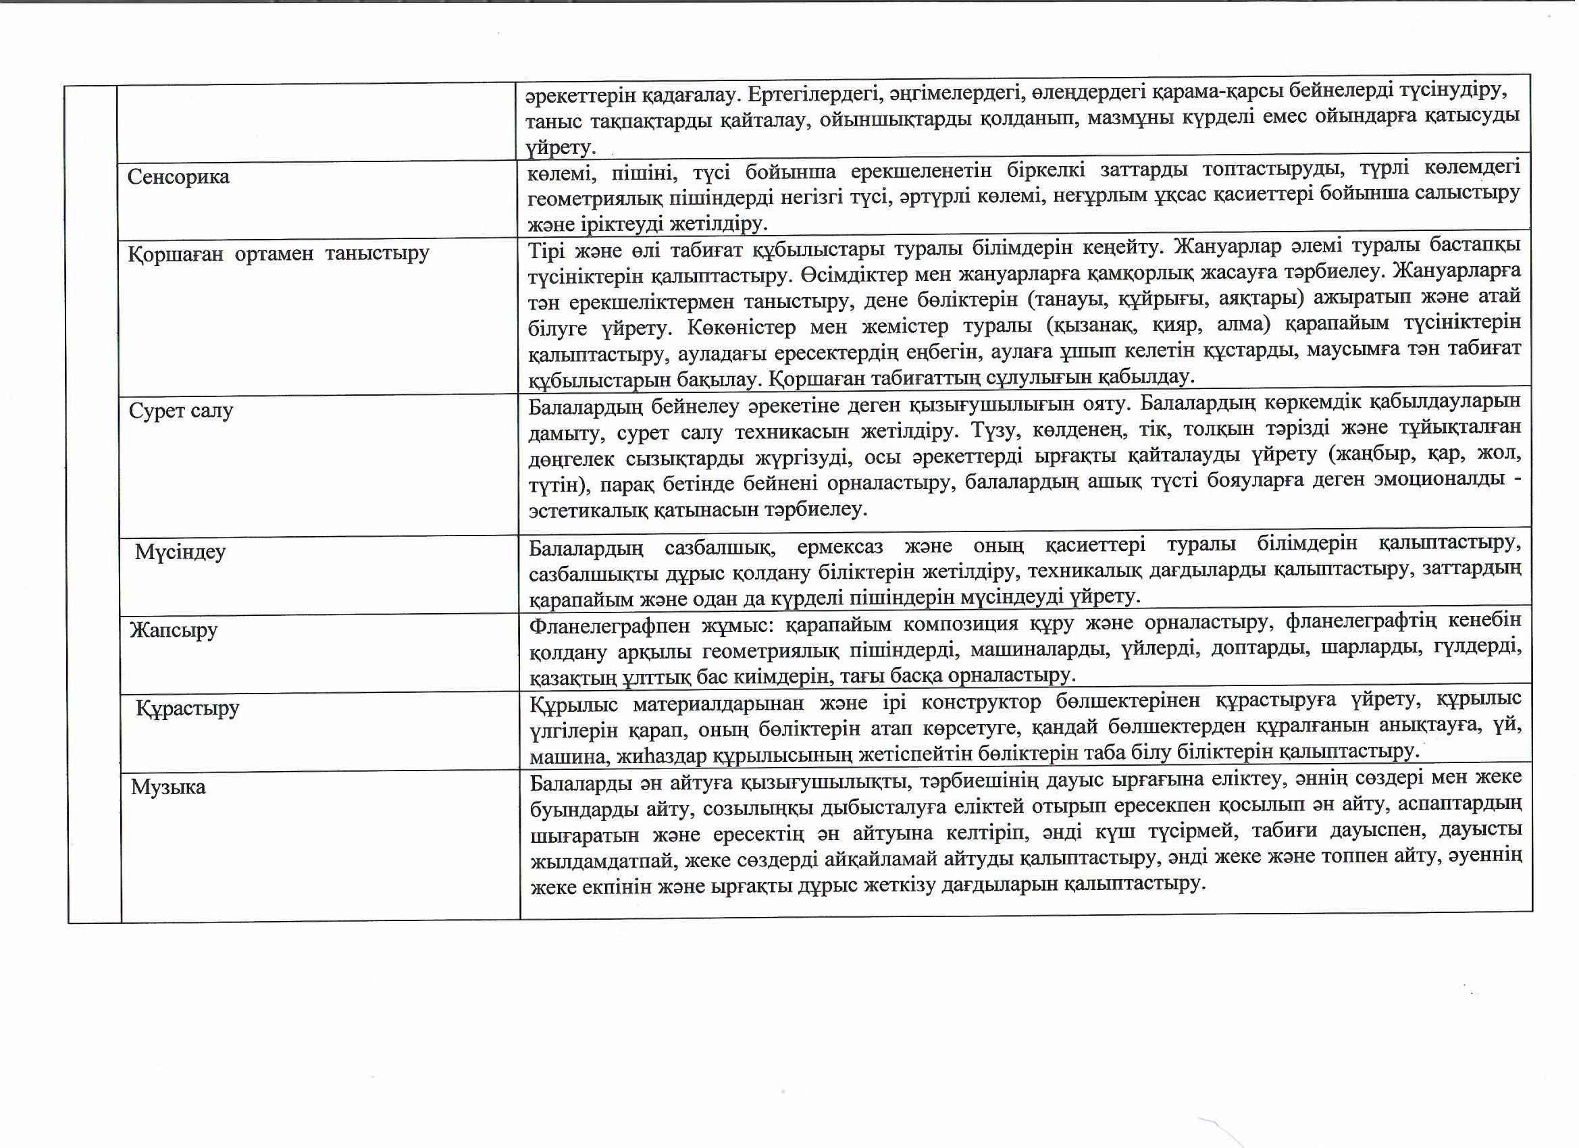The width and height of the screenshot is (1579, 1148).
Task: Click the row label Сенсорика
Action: pos(178,177)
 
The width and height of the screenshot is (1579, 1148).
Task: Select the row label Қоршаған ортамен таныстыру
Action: pos(278,253)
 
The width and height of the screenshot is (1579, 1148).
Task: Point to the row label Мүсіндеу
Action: pos(180,552)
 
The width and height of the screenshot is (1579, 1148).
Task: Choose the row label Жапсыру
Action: pos(174,630)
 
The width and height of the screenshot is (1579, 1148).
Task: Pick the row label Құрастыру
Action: pos(187,708)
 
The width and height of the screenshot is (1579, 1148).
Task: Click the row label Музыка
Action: pos(168,787)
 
